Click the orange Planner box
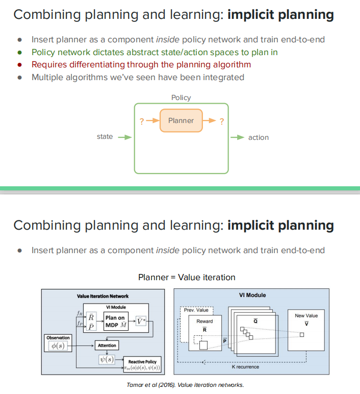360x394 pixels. tap(181, 121)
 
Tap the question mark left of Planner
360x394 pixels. tap(141, 121)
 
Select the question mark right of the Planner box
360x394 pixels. tap(221, 121)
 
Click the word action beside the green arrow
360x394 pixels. tap(259, 137)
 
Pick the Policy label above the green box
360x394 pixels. tap(181, 97)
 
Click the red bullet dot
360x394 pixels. tap(20, 65)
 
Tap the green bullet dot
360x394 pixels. tap(20, 52)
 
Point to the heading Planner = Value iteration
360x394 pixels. tap(187, 277)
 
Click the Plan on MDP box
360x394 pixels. tap(115, 321)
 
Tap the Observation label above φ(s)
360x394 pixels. tap(58, 338)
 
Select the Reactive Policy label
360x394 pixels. tap(142, 361)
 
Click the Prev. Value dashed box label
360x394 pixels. tap(196, 310)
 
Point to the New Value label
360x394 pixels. tap(306, 316)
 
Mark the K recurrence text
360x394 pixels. tap(245, 367)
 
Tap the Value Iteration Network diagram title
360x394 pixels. tap(102, 296)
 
